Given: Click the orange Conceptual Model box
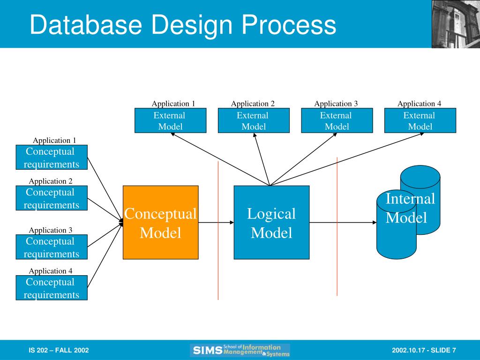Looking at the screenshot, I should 160,222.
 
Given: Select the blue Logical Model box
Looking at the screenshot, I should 271,222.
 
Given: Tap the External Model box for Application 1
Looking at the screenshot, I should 170,120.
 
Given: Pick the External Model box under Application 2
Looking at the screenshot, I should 253,120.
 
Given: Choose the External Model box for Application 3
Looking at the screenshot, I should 337,120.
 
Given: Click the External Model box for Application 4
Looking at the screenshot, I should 420,120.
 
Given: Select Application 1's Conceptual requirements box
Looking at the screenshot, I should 52,157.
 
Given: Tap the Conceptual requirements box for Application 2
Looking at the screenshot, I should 52,198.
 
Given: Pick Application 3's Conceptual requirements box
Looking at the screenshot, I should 52,247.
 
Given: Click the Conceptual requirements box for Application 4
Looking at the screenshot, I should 52,288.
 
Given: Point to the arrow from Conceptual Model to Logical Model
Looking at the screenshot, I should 216,222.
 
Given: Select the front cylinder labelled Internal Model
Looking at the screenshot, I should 396,234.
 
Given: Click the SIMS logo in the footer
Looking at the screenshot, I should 240,350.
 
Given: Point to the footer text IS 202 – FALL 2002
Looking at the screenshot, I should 59,351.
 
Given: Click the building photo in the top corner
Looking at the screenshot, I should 456,24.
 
